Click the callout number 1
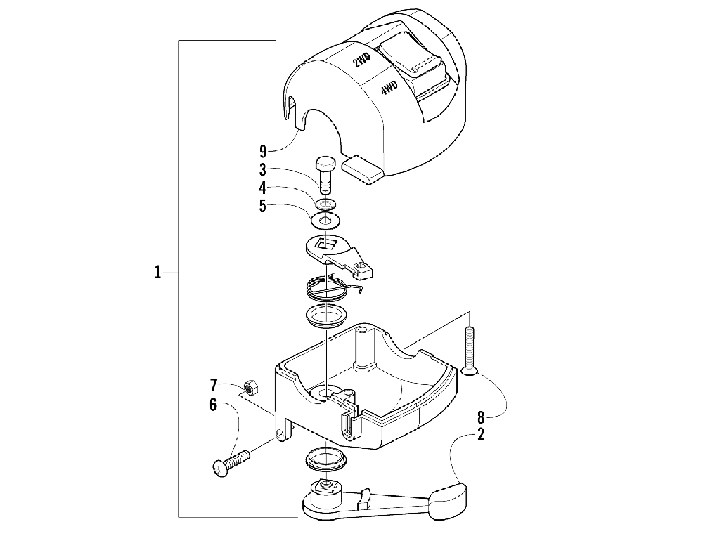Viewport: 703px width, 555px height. click(158, 272)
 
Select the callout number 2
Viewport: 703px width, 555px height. click(481, 435)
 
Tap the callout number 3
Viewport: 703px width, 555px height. click(262, 169)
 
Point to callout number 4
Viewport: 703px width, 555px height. click(262, 188)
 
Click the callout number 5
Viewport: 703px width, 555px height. click(262, 207)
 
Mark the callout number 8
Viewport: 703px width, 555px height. click(481, 415)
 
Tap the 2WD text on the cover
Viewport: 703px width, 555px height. click(361, 61)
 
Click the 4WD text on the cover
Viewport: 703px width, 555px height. click(388, 89)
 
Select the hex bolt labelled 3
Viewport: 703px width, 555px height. click(325, 174)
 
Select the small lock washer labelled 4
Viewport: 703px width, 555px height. click(325, 204)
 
